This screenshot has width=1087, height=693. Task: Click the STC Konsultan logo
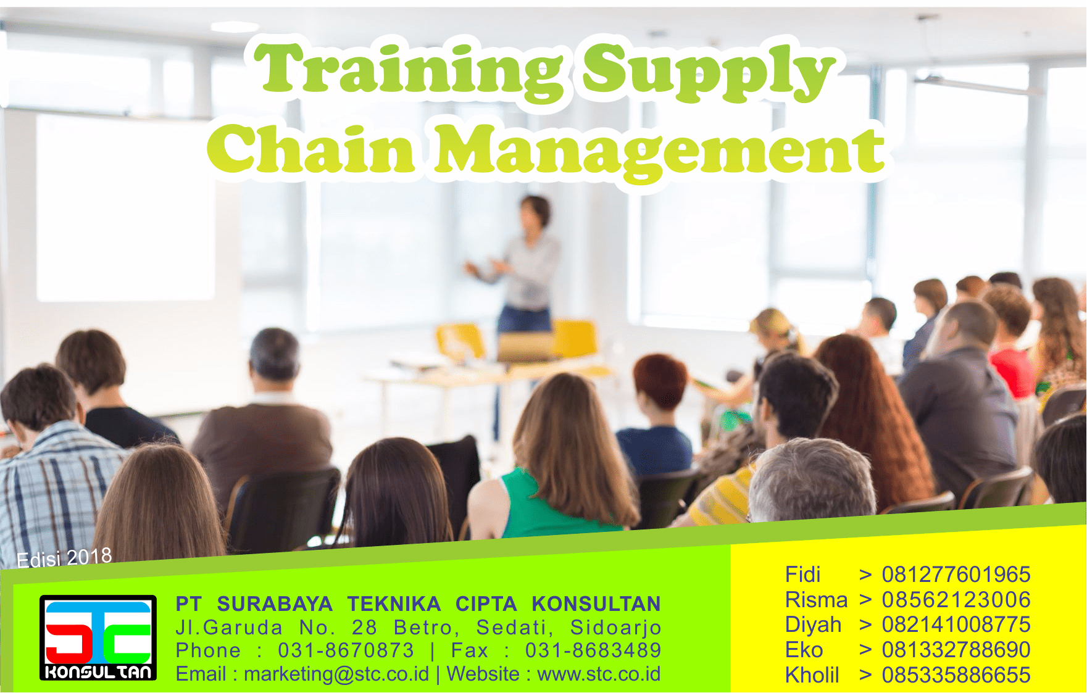[x=98, y=637]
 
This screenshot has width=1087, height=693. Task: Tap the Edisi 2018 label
[x=64, y=558]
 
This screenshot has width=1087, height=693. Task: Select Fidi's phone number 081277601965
[x=956, y=575]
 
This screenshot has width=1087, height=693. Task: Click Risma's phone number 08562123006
[x=956, y=599]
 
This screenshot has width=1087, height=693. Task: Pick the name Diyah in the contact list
[x=813, y=625]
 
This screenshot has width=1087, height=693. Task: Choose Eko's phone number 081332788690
[x=956, y=650]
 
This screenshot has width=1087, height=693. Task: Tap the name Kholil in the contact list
[x=812, y=675]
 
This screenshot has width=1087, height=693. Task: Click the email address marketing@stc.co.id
[x=336, y=674]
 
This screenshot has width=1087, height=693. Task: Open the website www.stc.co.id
[x=599, y=674]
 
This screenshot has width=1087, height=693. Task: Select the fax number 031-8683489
[x=593, y=650]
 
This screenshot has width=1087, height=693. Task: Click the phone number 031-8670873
[x=346, y=650]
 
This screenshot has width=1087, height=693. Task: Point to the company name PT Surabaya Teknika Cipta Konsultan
[x=418, y=604]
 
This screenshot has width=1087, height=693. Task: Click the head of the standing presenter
[x=535, y=212]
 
